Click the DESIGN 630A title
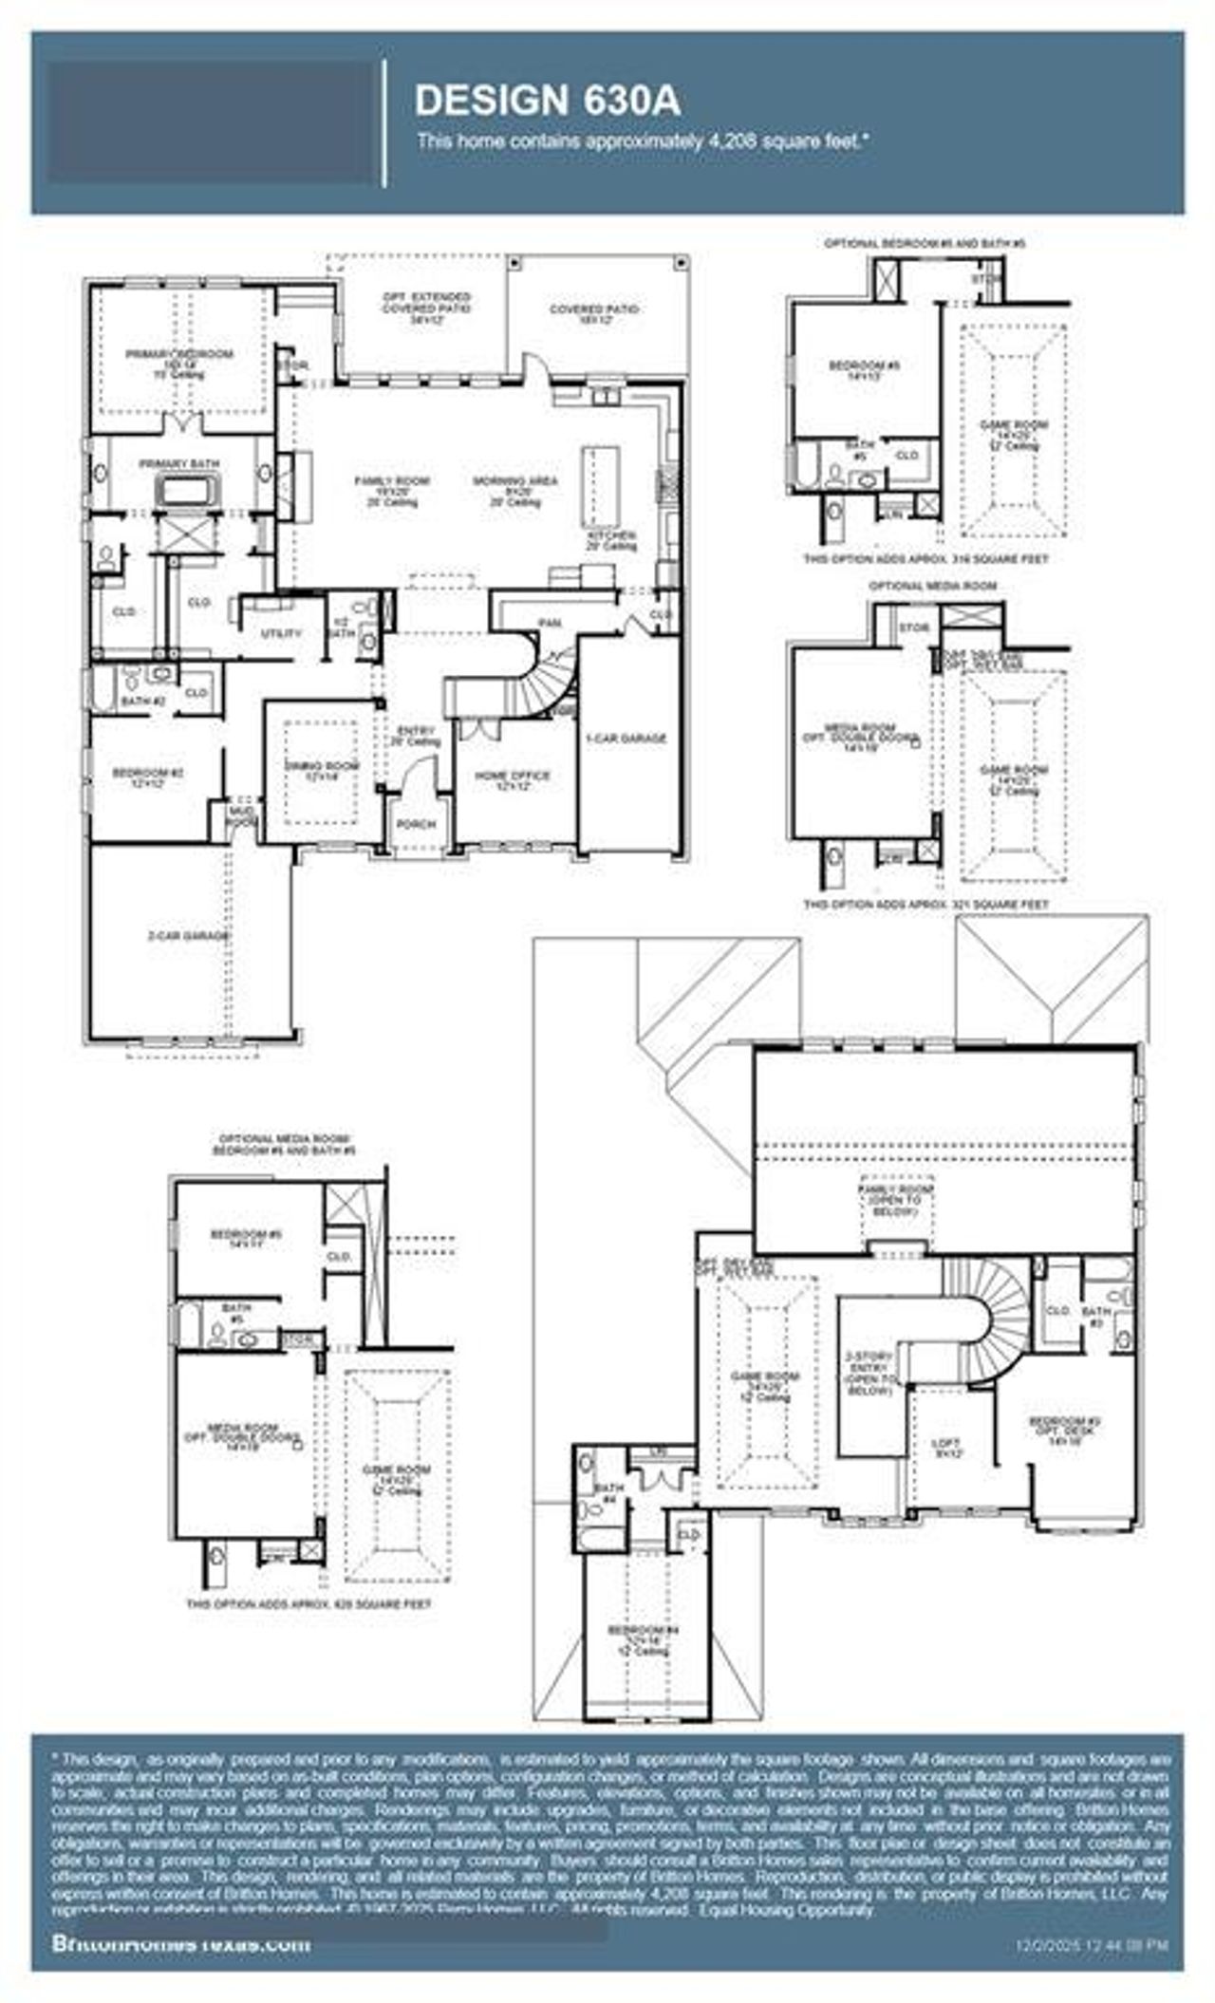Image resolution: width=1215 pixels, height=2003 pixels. click(548, 101)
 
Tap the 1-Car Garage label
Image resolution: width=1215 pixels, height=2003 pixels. click(626, 738)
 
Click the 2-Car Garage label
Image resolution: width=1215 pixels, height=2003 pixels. click(189, 936)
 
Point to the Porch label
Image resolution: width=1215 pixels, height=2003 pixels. click(416, 824)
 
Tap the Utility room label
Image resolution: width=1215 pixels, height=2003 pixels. click(281, 632)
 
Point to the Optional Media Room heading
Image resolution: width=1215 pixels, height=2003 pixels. click(932, 586)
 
